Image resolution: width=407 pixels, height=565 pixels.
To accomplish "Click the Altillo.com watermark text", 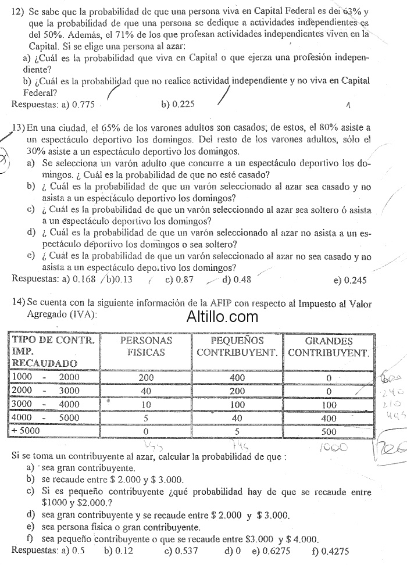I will [223, 317].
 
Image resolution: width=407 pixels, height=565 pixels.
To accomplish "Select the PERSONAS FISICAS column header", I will [146, 346].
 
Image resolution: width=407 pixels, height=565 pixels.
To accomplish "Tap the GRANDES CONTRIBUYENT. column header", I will [329, 347].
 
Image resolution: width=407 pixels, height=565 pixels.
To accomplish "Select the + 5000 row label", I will [26, 431].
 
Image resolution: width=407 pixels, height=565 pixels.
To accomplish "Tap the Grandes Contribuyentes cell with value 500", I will [329, 431].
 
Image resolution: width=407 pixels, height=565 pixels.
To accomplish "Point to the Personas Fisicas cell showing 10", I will [146, 405].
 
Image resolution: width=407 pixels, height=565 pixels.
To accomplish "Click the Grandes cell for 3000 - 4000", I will [329, 405].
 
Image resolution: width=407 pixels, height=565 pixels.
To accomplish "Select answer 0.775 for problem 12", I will [81, 105].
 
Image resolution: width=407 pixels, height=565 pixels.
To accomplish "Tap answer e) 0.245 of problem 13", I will [351, 280].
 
